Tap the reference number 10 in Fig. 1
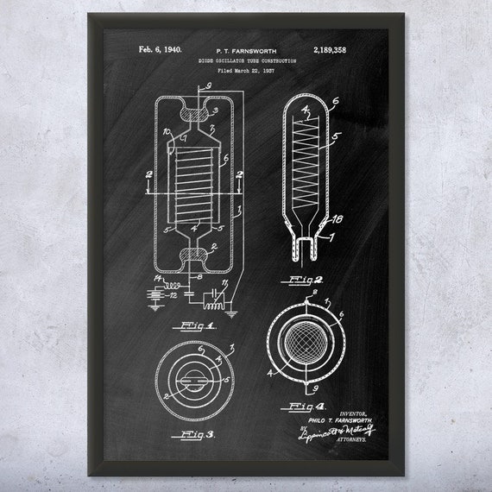165,132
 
